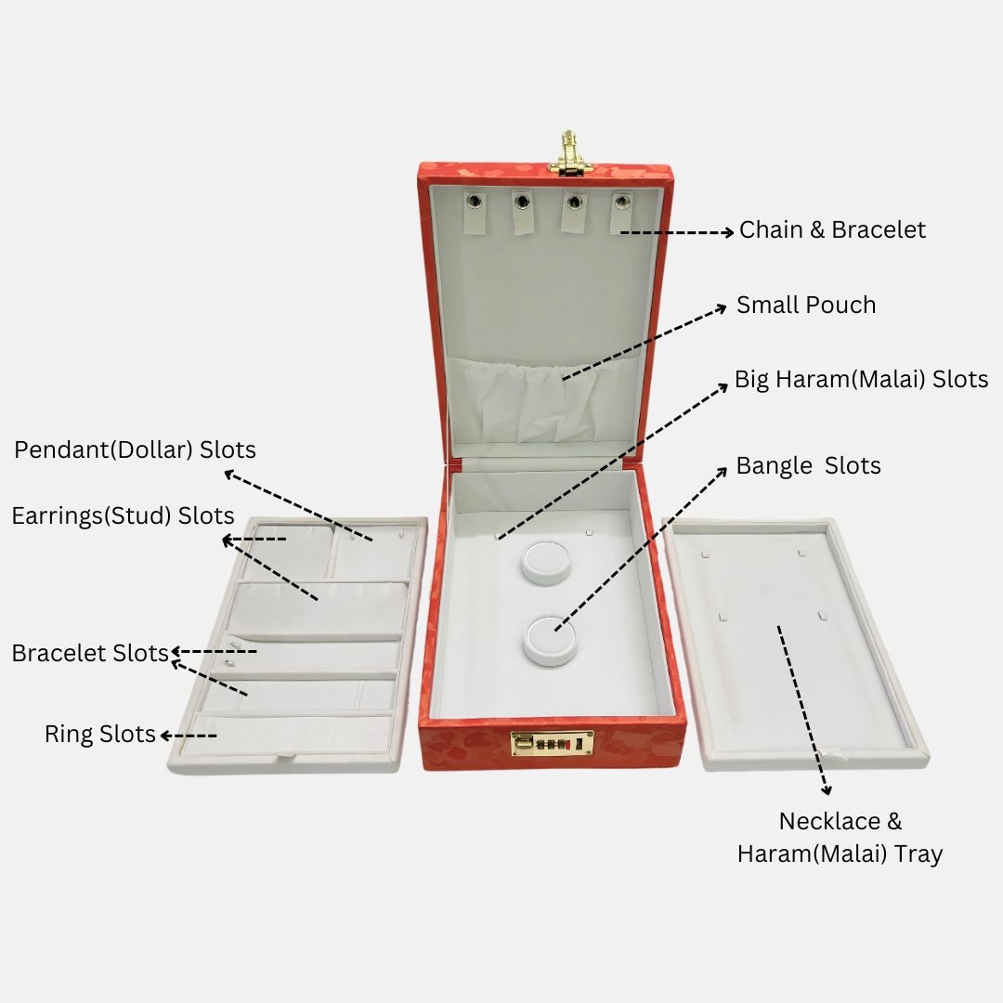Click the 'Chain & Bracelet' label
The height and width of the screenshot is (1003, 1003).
[x=832, y=229]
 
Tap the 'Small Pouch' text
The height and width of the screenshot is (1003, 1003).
[x=806, y=306]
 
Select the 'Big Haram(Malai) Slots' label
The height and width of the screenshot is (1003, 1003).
[x=861, y=379]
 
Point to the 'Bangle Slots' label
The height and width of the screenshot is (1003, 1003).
[x=808, y=465]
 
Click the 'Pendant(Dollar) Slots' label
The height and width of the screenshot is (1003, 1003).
[x=135, y=449]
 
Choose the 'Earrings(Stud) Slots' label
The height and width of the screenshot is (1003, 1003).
[x=123, y=515]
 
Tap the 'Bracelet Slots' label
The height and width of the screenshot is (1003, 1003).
[x=90, y=653]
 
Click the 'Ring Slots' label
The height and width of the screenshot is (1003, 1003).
[x=99, y=734]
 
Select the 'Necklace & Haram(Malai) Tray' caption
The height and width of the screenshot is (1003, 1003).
[x=840, y=838]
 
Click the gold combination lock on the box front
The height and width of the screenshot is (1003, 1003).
[x=552, y=743]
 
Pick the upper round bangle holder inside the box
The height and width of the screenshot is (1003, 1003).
[x=545, y=562]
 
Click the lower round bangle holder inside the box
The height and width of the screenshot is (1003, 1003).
[x=550, y=641]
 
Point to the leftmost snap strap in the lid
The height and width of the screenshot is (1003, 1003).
[x=474, y=213]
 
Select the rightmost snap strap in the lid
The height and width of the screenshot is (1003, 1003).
[x=621, y=214]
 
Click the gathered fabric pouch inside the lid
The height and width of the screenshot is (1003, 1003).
[x=545, y=400]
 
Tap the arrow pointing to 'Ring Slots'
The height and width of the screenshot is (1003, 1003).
[x=189, y=736]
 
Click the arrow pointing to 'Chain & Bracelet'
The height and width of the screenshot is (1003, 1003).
[x=677, y=232]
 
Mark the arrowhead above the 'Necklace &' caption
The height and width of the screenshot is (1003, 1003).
[x=827, y=790]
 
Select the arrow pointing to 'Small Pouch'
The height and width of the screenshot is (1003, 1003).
[x=645, y=344]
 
